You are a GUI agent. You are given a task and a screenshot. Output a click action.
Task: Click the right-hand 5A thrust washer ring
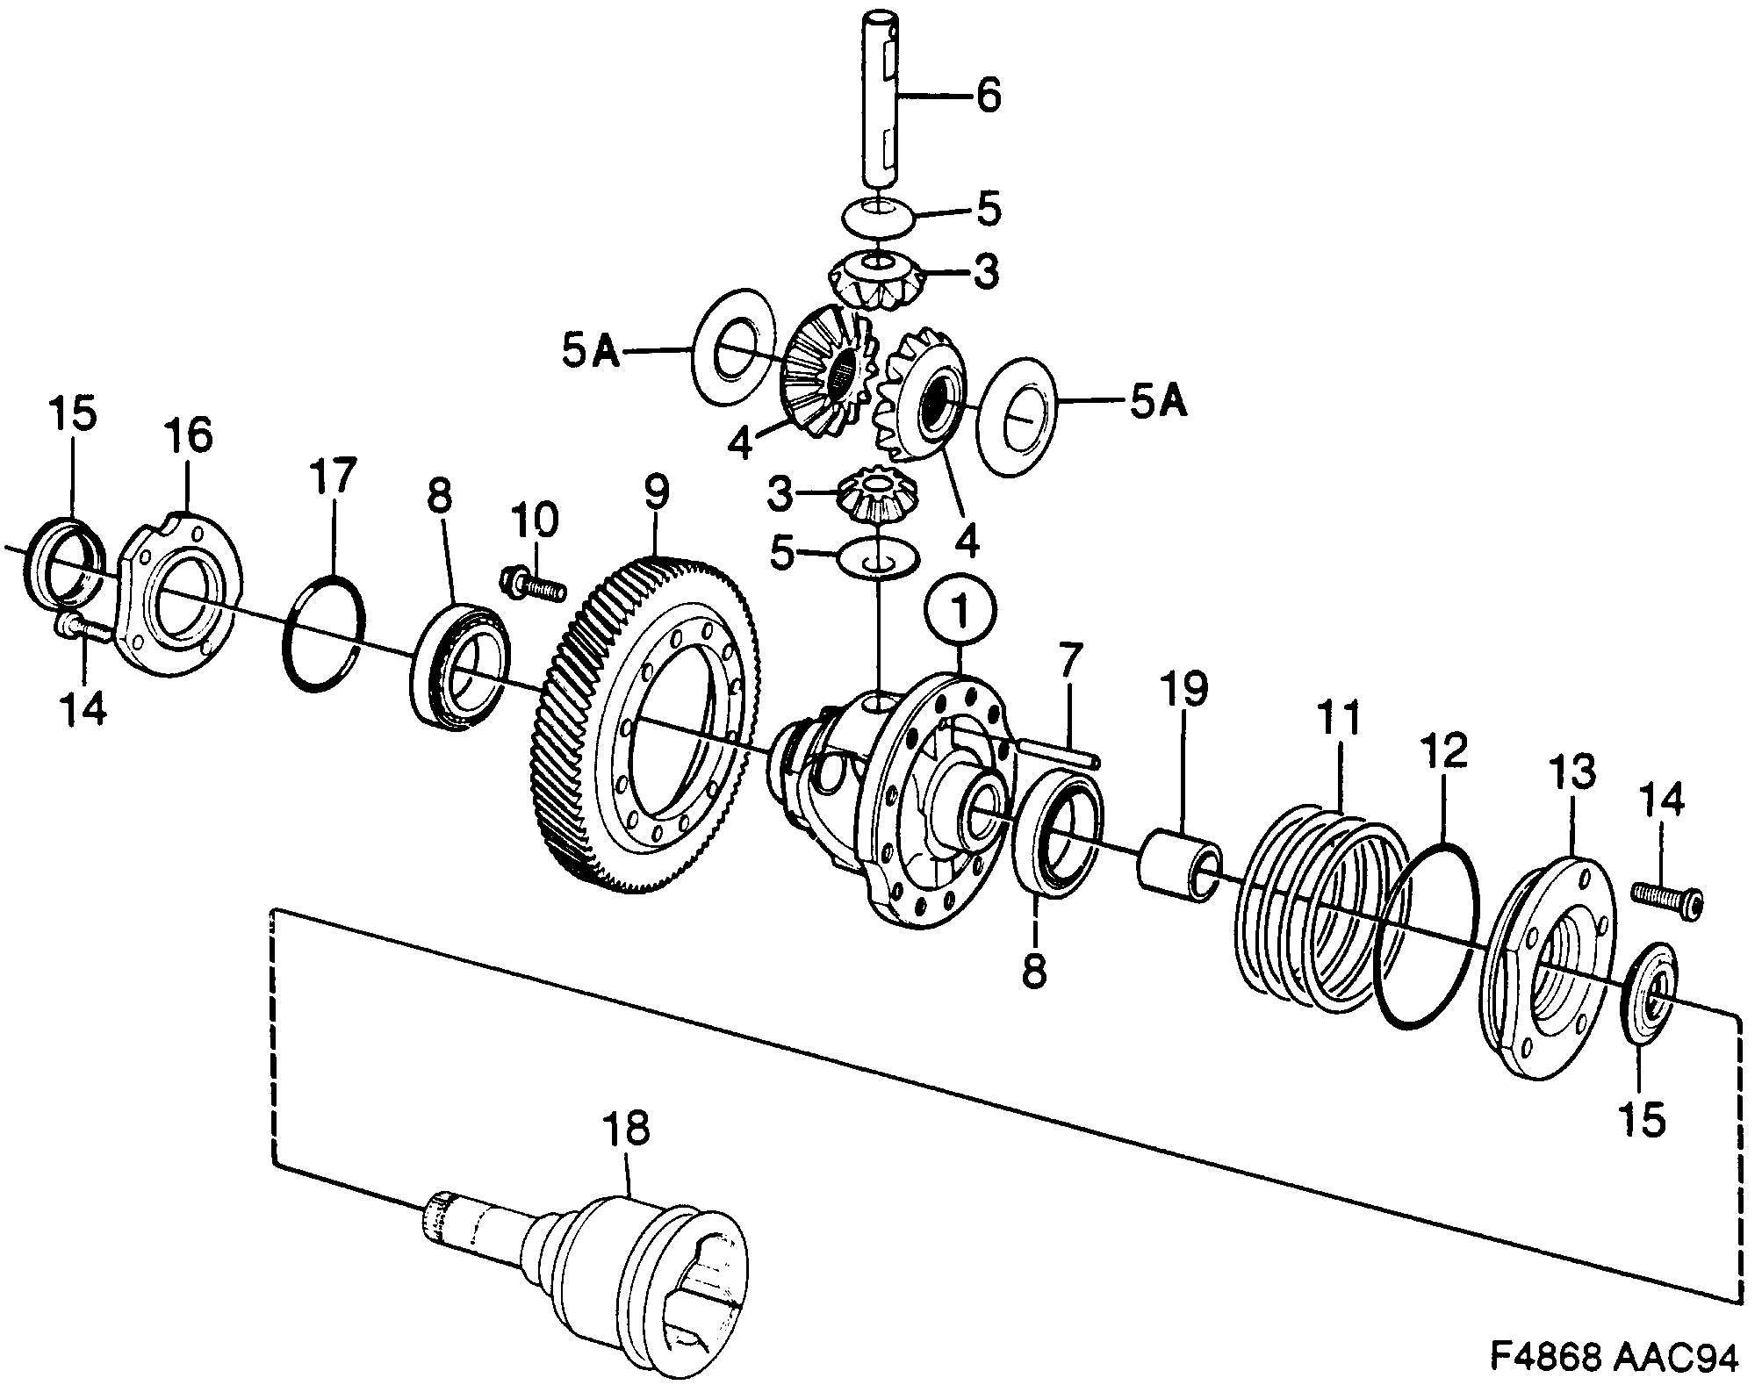coord(1018,416)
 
